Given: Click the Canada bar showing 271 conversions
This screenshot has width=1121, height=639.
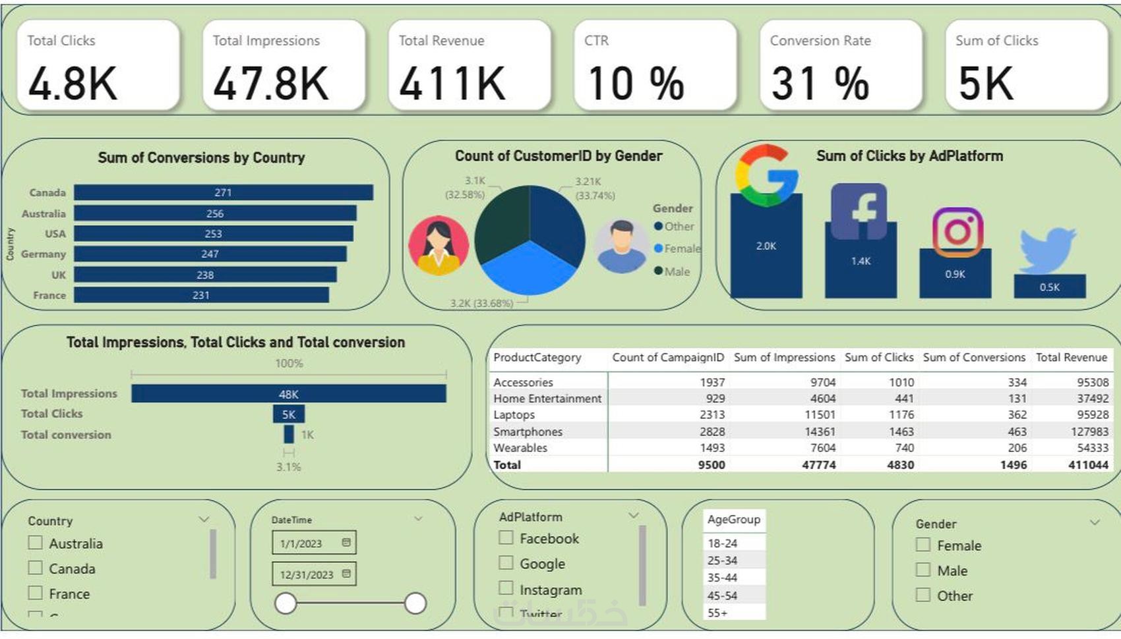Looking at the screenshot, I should [223, 192].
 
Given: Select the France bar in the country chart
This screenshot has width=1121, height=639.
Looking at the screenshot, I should [201, 295].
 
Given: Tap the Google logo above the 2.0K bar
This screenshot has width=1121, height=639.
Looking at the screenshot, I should [766, 175].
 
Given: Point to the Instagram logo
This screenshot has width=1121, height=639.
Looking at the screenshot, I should [957, 231].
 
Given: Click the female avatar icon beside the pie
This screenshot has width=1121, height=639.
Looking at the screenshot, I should [439, 245].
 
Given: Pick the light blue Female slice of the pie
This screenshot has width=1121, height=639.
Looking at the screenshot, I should [528, 273].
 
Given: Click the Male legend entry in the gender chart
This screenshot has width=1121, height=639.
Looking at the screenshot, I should [677, 271].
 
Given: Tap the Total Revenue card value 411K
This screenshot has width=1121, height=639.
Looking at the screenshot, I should [452, 84].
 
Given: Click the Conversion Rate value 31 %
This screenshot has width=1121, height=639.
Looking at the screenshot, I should [820, 84].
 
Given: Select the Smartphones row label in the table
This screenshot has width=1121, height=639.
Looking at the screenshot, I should [528, 431].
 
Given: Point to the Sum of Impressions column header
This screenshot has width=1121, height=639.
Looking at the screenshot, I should [784, 357].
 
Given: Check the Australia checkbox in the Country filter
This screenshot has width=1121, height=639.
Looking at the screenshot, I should [36, 543].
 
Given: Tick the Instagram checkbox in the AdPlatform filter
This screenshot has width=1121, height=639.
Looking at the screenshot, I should [506, 588].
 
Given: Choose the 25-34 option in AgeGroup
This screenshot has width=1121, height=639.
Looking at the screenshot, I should [723, 561].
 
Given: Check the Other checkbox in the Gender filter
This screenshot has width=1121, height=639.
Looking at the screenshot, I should [923, 595].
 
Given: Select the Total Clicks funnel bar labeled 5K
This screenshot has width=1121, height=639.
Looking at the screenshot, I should [289, 414].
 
